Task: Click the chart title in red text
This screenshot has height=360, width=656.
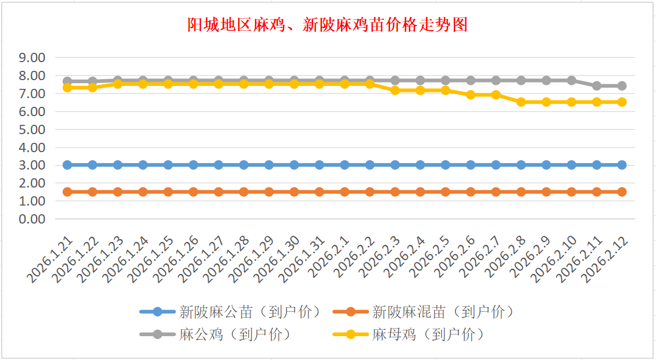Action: (x=327, y=26)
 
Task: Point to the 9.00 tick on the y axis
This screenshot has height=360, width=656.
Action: (x=32, y=58)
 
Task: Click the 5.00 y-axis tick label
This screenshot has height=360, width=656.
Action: (x=32, y=129)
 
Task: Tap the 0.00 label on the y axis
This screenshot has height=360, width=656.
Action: (x=32, y=219)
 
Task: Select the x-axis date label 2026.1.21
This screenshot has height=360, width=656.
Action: (x=51, y=261)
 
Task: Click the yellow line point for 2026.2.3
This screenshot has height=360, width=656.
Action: (x=395, y=91)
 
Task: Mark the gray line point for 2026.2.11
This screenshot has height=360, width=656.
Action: (x=597, y=86)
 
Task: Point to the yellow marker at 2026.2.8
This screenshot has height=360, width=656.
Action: (x=521, y=102)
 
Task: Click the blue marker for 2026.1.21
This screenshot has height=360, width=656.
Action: (x=67, y=165)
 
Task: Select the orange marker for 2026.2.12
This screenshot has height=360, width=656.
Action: (x=622, y=192)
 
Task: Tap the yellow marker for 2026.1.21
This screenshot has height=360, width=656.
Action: (x=67, y=87)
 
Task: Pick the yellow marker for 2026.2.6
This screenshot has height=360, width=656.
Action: (x=471, y=95)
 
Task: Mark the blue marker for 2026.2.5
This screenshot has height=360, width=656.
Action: (x=446, y=165)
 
